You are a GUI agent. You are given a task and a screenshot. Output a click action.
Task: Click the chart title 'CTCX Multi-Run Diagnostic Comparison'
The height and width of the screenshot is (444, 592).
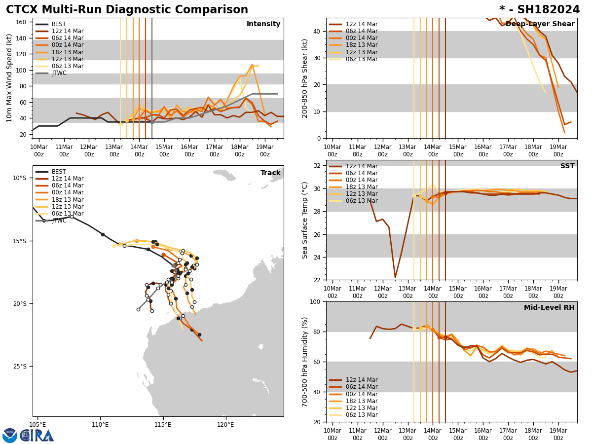(127, 10)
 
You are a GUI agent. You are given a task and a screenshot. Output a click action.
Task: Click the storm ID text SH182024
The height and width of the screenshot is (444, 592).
(548, 10)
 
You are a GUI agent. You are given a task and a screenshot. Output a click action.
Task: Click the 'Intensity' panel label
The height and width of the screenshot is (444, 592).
(263, 24)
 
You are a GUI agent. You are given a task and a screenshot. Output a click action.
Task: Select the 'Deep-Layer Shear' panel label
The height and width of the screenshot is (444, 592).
(540, 24)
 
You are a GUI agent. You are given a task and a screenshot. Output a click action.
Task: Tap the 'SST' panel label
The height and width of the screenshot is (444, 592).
(567, 166)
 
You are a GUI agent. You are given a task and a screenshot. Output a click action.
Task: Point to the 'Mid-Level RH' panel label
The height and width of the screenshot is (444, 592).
(549, 308)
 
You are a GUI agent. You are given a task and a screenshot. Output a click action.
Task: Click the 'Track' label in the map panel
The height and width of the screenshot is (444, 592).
(270, 173)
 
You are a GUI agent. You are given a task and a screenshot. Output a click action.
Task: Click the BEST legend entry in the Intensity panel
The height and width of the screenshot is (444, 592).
(59, 24)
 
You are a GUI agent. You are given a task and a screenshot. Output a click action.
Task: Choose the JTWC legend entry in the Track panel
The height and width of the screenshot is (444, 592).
(59, 221)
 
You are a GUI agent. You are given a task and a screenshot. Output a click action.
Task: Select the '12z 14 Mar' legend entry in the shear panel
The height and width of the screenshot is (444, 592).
(362, 24)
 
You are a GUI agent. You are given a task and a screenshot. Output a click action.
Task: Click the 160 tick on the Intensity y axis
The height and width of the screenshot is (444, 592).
(21, 22)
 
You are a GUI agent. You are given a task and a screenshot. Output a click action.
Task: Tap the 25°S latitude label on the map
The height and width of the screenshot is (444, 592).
(20, 367)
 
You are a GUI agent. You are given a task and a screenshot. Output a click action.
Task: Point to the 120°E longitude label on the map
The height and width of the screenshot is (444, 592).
(225, 424)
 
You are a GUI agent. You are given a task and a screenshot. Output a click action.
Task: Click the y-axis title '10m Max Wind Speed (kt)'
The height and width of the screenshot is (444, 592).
(9, 78)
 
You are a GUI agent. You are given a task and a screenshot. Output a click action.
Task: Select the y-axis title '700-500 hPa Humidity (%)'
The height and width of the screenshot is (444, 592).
(305, 362)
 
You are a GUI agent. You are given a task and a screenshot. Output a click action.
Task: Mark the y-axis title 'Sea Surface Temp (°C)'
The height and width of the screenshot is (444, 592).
(305, 220)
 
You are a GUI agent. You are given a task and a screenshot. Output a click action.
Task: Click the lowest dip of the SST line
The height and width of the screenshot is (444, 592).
(395, 277)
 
